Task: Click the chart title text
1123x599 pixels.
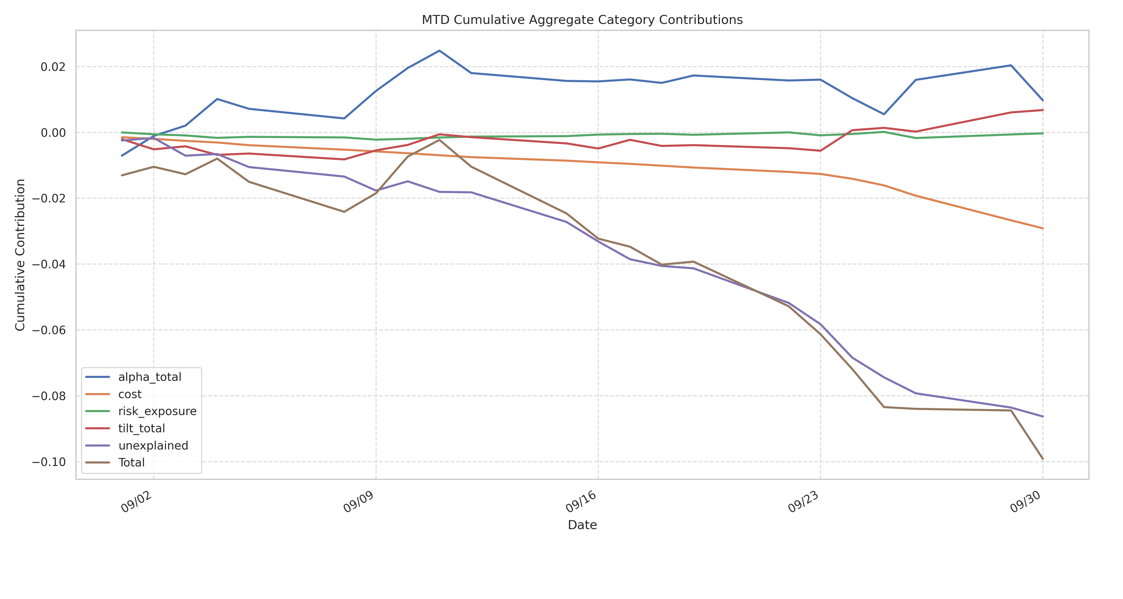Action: pos(582,20)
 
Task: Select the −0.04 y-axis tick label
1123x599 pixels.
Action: pos(49,265)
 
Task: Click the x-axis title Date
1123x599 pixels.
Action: pos(582,525)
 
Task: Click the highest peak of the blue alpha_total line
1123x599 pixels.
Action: pos(439,51)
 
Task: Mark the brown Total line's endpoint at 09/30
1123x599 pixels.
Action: pos(1042,459)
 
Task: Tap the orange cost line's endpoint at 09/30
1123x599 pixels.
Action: pos(1042,228)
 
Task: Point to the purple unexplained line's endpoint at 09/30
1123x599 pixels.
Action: pos(1042,416)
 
